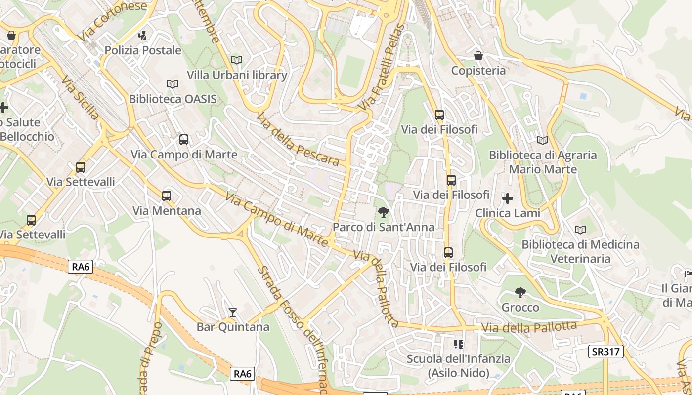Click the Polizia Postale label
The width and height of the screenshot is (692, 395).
pos(143,50)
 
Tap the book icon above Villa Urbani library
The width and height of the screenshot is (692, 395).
pos(237,60)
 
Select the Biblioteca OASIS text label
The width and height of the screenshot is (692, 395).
pos(173,99)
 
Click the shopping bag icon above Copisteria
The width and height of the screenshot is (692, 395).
pos(478,56)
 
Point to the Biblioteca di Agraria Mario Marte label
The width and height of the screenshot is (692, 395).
pos(543,162)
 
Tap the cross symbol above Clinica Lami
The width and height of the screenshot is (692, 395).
pos(508,198)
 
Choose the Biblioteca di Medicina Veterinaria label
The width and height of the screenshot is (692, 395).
pos(580,251)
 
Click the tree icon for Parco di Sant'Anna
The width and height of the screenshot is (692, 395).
pos(383,212)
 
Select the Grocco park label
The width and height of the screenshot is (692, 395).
pos(520,308)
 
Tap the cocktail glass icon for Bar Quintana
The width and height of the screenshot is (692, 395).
pos(233,313)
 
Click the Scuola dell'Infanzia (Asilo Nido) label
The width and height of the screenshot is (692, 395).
pos(458,365)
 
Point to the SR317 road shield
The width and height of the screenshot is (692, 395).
pos(606,352)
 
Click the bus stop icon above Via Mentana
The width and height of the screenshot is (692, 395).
pos(167,196)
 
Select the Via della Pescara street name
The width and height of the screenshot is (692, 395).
pos(298,140)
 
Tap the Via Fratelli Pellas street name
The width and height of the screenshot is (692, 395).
pos(382,68)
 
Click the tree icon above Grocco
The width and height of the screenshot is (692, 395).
pos(520,293)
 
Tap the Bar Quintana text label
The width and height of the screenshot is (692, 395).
pos(233,327)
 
